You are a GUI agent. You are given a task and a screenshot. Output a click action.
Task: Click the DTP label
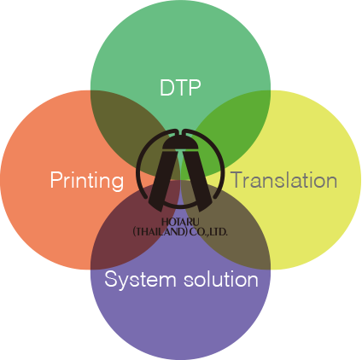pos(180,88)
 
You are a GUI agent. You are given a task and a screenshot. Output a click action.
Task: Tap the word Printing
pos(87,181)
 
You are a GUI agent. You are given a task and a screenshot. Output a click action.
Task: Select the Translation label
pos(283,180)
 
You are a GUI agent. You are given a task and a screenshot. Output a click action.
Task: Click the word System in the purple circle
pos(140,280)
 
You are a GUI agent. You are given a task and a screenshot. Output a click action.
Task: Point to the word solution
pos(221,279)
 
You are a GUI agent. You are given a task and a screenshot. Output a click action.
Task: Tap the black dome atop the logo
pos(180,142)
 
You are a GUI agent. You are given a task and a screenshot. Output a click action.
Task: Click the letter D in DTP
pos(166,88)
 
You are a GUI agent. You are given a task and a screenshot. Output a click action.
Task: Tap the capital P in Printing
pos(56,179)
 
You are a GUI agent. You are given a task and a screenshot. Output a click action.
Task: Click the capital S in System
pos(111,279)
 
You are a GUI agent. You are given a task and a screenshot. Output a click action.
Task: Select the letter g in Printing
pos(118,183)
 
